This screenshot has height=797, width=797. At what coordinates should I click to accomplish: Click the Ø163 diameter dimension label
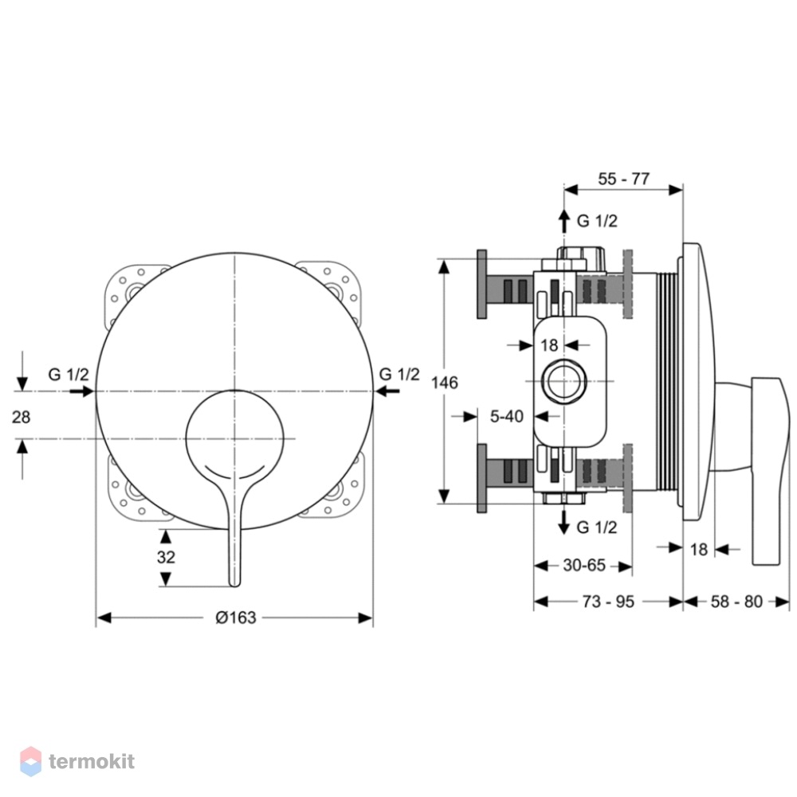236,618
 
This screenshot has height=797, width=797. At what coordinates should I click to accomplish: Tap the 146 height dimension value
445,383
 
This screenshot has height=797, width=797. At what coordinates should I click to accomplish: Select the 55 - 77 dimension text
624,179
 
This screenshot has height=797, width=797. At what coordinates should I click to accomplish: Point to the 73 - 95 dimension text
608,602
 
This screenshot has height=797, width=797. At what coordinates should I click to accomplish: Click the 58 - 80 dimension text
736,602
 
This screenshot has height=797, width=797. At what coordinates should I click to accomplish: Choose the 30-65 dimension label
584,565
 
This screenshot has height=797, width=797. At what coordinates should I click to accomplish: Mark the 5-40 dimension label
507,416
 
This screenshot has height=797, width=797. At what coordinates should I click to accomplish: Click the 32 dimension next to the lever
167,557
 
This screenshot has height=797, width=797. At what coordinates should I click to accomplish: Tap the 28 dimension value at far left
21,418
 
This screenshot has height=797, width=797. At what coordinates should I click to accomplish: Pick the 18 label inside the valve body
549,346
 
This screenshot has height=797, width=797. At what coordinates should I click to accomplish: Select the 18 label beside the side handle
699,549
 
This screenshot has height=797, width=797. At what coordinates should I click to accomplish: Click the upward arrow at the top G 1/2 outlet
563,222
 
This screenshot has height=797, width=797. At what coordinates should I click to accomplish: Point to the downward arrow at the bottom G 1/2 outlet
563,522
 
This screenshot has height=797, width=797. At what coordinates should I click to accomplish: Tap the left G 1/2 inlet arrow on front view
82,391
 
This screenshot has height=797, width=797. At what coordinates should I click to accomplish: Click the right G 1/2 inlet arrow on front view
387,391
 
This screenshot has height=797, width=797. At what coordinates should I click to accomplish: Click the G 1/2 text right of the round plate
399,374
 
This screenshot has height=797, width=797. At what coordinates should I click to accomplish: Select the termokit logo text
92,761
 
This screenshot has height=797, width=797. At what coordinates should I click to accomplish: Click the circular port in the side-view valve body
564,381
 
